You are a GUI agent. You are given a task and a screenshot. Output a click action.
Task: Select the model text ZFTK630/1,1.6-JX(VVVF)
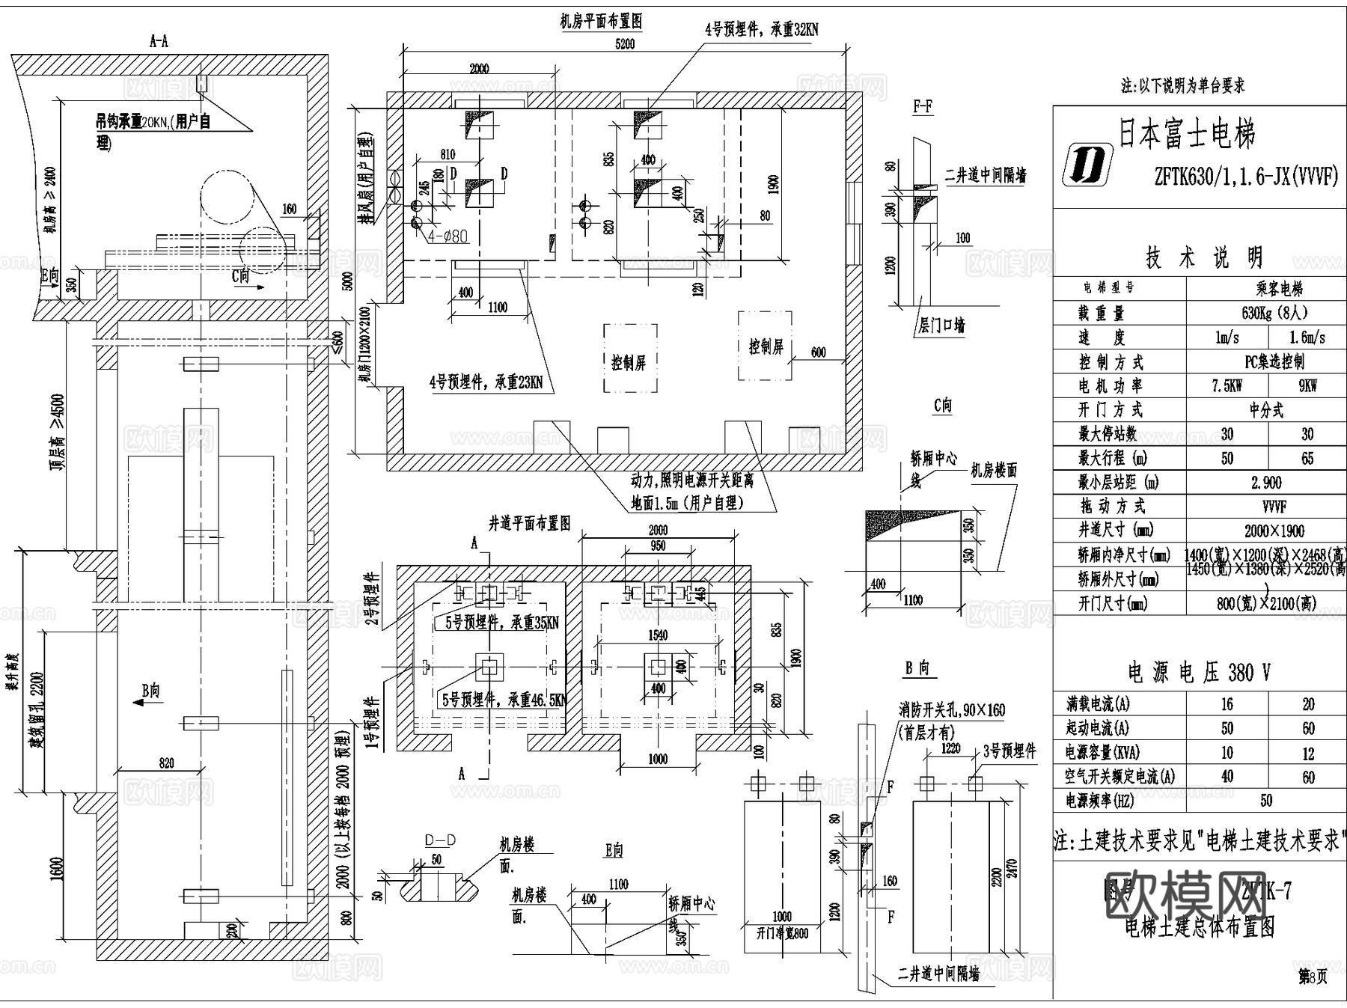click(x=1245, y=177)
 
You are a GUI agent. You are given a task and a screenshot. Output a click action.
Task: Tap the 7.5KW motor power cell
click(x=1227, y=386)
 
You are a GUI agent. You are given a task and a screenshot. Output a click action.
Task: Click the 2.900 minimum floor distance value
click(x=1266, y=483)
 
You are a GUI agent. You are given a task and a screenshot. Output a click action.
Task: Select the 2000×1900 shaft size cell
click(x=1274, y=531)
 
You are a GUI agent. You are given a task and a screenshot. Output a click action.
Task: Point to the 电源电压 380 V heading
click(x=1198, y=672)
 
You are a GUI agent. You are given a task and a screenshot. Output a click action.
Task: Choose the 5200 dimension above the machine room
click(x=625, y=44)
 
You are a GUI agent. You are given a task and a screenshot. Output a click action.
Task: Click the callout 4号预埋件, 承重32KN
click(x=761, y=30)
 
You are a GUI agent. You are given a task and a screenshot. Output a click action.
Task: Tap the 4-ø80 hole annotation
click(x=448, y=236)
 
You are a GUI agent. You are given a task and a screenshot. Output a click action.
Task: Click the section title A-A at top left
click(x=159, y=42)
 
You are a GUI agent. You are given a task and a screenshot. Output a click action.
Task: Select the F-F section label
click(x=923, y=107)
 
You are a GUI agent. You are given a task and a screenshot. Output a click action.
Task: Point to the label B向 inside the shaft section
click(x=150, y=690)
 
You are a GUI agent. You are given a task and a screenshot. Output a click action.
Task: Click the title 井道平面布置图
click(x=529, y=523)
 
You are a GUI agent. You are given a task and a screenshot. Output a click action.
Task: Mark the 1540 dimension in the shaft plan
click(x=657, y=635)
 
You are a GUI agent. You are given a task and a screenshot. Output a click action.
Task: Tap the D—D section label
click(x=440, y=841)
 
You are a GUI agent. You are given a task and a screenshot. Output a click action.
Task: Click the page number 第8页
click(x=1312, y=977)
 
